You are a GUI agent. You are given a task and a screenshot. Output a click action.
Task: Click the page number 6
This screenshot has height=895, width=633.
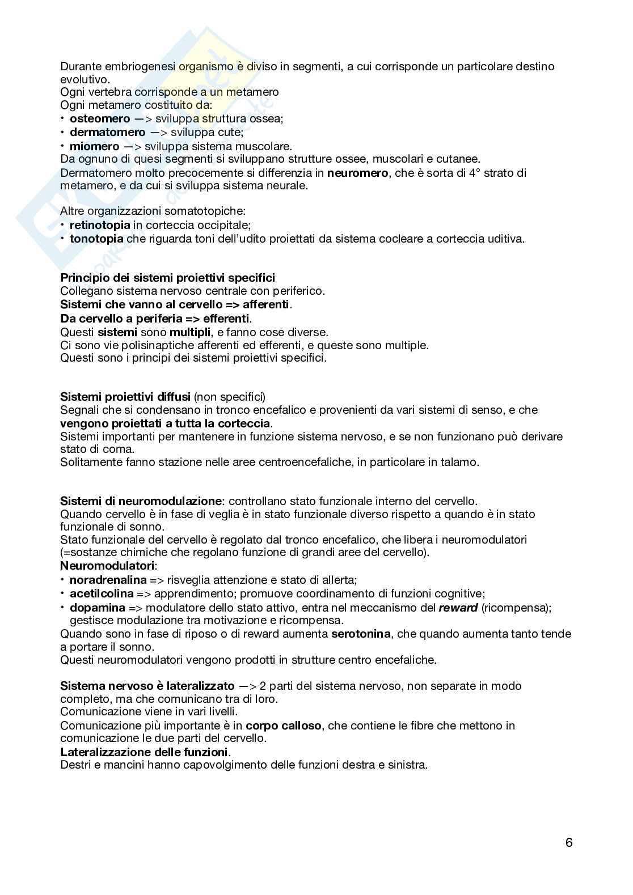pos(569,842)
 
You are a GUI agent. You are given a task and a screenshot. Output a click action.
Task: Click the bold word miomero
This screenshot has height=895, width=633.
pos(94,146)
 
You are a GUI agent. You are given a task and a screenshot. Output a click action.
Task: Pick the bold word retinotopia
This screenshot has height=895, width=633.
pos(100,225)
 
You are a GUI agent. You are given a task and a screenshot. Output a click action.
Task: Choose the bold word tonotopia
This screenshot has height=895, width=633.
pos(96,239)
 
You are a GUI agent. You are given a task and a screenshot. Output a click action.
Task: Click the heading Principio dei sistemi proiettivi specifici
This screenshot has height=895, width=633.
pos(167,278)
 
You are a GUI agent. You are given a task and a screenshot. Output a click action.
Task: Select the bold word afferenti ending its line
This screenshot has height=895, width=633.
pos(266,304)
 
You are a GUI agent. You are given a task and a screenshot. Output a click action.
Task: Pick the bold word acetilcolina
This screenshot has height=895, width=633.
pos(102,593)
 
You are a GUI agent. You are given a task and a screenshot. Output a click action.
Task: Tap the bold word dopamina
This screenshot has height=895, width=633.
pos(97,607)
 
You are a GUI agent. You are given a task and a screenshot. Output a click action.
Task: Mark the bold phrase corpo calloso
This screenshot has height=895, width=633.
pos(284,726)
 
